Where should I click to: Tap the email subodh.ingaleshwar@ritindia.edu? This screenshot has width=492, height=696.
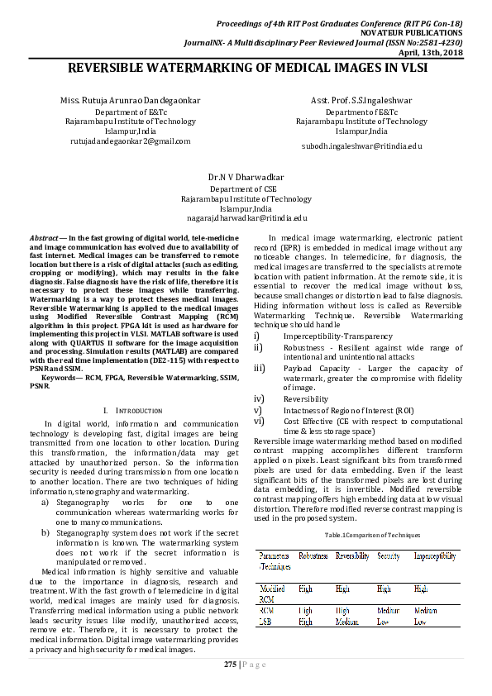click(361, 145)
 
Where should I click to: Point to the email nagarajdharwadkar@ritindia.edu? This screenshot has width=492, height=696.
click(246, 217)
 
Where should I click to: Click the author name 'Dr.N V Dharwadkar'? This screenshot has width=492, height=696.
click(246, 177)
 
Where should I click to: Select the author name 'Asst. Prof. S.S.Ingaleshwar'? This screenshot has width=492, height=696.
click(361, 101)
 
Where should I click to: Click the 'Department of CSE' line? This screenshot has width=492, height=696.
click(246, 189)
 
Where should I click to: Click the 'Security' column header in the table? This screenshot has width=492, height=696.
click(389, 557)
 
